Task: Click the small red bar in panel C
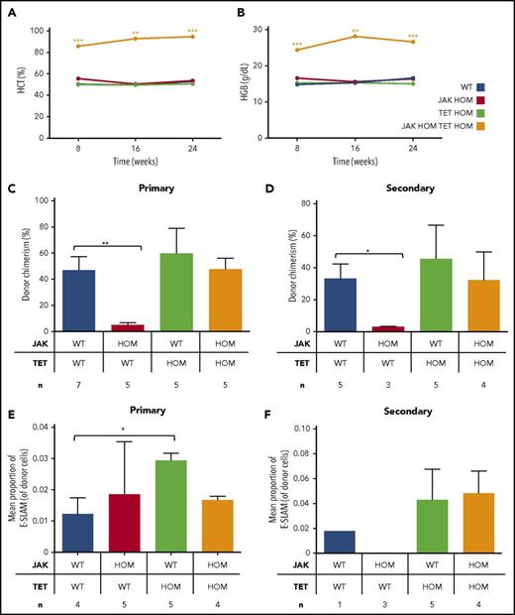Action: tap(126, 327)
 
